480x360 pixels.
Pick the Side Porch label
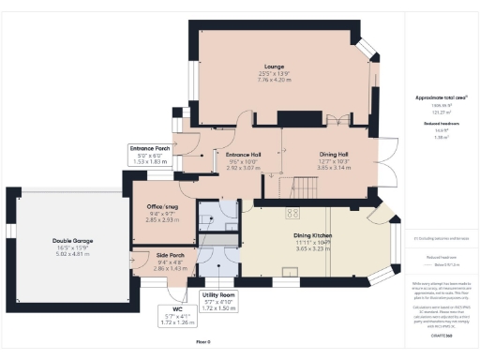point(149,255)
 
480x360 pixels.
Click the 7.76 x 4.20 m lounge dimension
point(274,80)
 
